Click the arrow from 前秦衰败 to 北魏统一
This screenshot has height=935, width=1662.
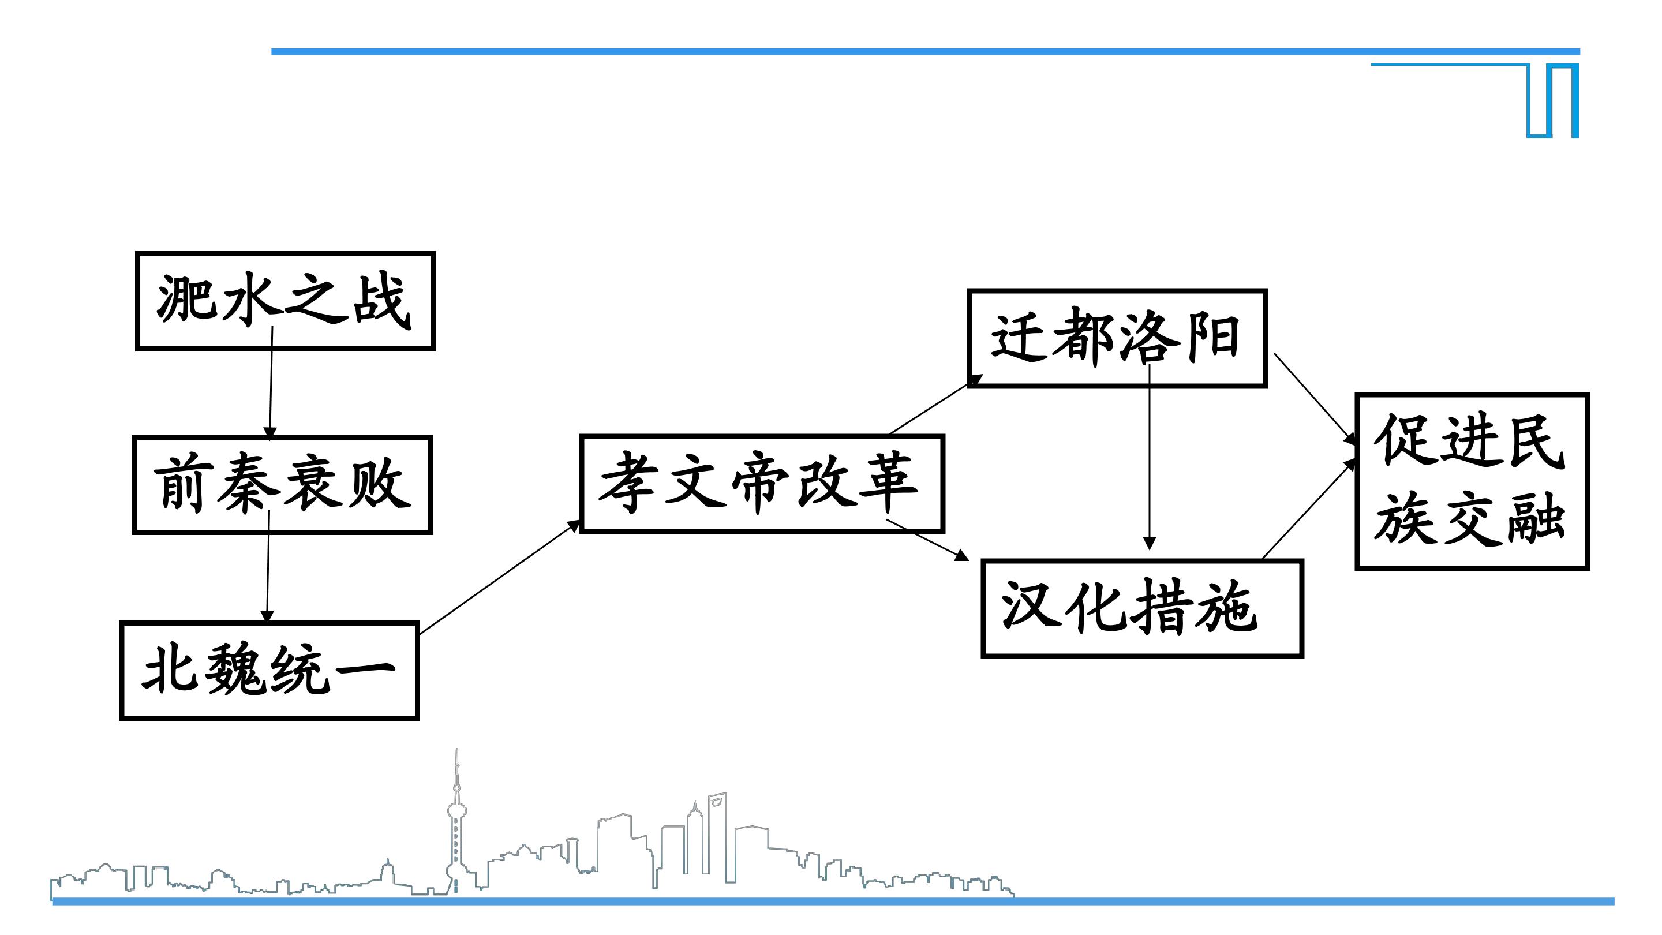tap(268, 567)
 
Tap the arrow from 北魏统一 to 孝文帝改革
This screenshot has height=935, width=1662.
tap(500, 578)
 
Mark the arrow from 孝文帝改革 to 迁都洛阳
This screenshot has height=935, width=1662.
tap(936, 404)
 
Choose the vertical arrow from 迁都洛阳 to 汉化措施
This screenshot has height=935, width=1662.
tap(1149, 457)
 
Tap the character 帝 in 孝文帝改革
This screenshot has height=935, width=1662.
tap(760, 484)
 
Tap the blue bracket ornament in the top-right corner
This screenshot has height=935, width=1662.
tap(1552, 100)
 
